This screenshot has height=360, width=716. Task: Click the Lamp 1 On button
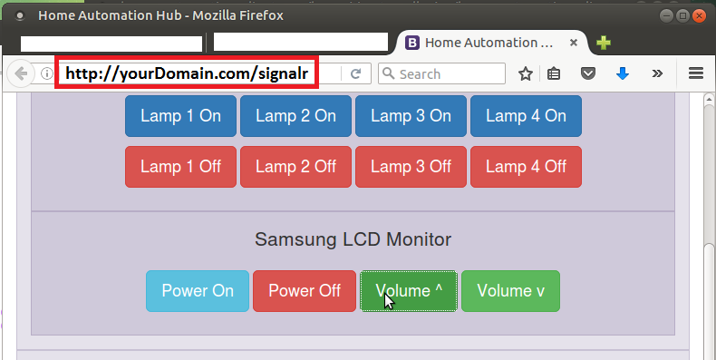[x=180, y=116]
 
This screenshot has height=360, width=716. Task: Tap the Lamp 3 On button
[x=411, y=116]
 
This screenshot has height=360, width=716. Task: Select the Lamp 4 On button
[x=526, y=116]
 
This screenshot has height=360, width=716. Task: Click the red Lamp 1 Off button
[x=180, y=167]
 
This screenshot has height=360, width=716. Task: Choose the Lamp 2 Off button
[x=295, y=167]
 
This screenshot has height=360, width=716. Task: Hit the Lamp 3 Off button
[x=411, y=167]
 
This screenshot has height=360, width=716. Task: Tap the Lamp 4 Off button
[x=526, y=167]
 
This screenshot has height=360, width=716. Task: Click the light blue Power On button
[x=198, y=291]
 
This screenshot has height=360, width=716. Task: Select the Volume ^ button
[x=409, y=291]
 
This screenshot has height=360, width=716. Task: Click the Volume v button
[x=511, y=291]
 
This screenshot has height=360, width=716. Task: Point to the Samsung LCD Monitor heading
[x=353, y=240]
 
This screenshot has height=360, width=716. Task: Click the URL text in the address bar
[x=187, y=73]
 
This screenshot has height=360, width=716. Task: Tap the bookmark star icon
[x=525, y=73]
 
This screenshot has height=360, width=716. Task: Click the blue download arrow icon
[x=623, y=73]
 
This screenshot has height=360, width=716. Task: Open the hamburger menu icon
[x=696, y=73]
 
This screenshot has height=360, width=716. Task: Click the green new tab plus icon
[x=604, y=42]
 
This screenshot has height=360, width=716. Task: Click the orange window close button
[x=698, y=15]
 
